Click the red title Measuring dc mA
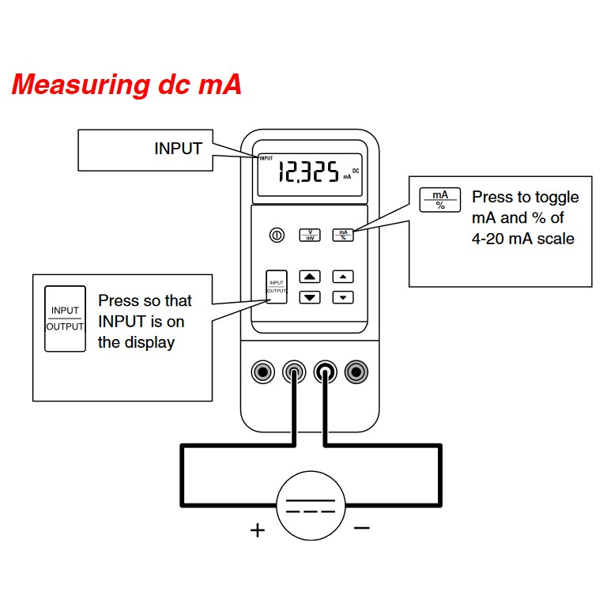[x=126, y=85]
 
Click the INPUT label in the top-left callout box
[x=178, y=149]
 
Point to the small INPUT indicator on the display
[x=265, y=158]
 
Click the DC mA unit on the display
[x=351, y=173]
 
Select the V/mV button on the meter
[x=310, y=235]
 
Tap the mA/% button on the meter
[x=343, y=235]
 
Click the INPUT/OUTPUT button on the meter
[x=276, y=287]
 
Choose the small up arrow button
[x=342, y=277]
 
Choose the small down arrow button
[x=342, y=297]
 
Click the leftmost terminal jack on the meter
[x=262, y=371]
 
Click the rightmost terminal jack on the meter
[x=356, y=371]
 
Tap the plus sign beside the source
[x=257, y=530]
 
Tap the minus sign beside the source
[x=361, y=527]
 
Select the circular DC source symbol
[x=311, y=506]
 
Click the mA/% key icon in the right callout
[x=439, y=200]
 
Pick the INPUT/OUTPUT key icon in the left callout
[x=65, y=318]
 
